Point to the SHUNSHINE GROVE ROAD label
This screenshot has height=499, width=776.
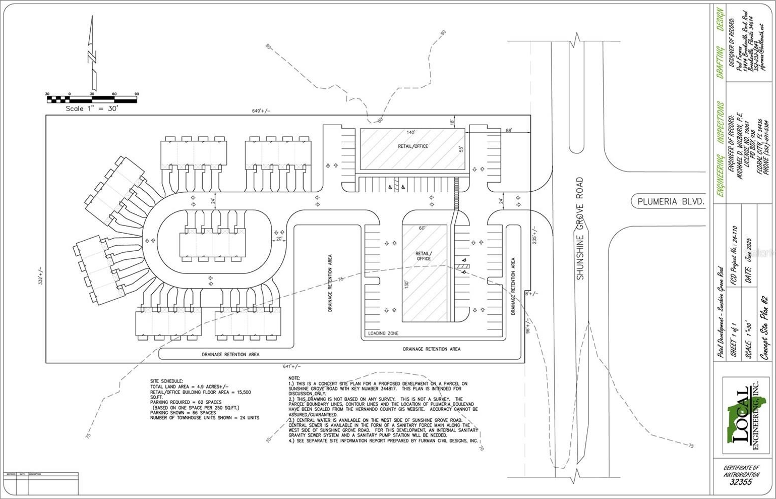pyautogui.click(x=580, y=228)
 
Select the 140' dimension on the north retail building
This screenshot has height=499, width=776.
pyautogui.click(x=411, y=133)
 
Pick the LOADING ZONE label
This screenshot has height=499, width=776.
pyautogui.click(x=383, y=334)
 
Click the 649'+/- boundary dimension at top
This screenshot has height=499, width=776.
pyautogui.click(x=261, y=111)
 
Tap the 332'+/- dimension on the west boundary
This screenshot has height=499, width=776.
pyautogui.click(x=41, y=276)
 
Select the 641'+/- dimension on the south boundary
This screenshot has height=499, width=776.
pyautogui.click(x=292, y=367)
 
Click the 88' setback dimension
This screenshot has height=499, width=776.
pyautogui.click(x=509, y=130)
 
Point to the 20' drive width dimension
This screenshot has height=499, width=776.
pyautogui.click(x=279, y=239)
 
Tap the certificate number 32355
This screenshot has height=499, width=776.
pyautogui.click(x=741, y=482)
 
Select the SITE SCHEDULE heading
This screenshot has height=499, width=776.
pyautogui.click(x=167, y=381)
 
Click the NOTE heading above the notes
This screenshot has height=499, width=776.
pyautogui.click(x=294, y=378)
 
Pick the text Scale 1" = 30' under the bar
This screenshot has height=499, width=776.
pyautogui.click(x=92, y=108)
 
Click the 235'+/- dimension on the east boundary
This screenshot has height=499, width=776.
pyautogui.click(x=534, y=235)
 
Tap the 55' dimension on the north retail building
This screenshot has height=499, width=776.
pyautogui.click(x=460, y=149)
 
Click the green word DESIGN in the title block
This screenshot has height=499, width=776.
pyautogui.click(x=721, y=19)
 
